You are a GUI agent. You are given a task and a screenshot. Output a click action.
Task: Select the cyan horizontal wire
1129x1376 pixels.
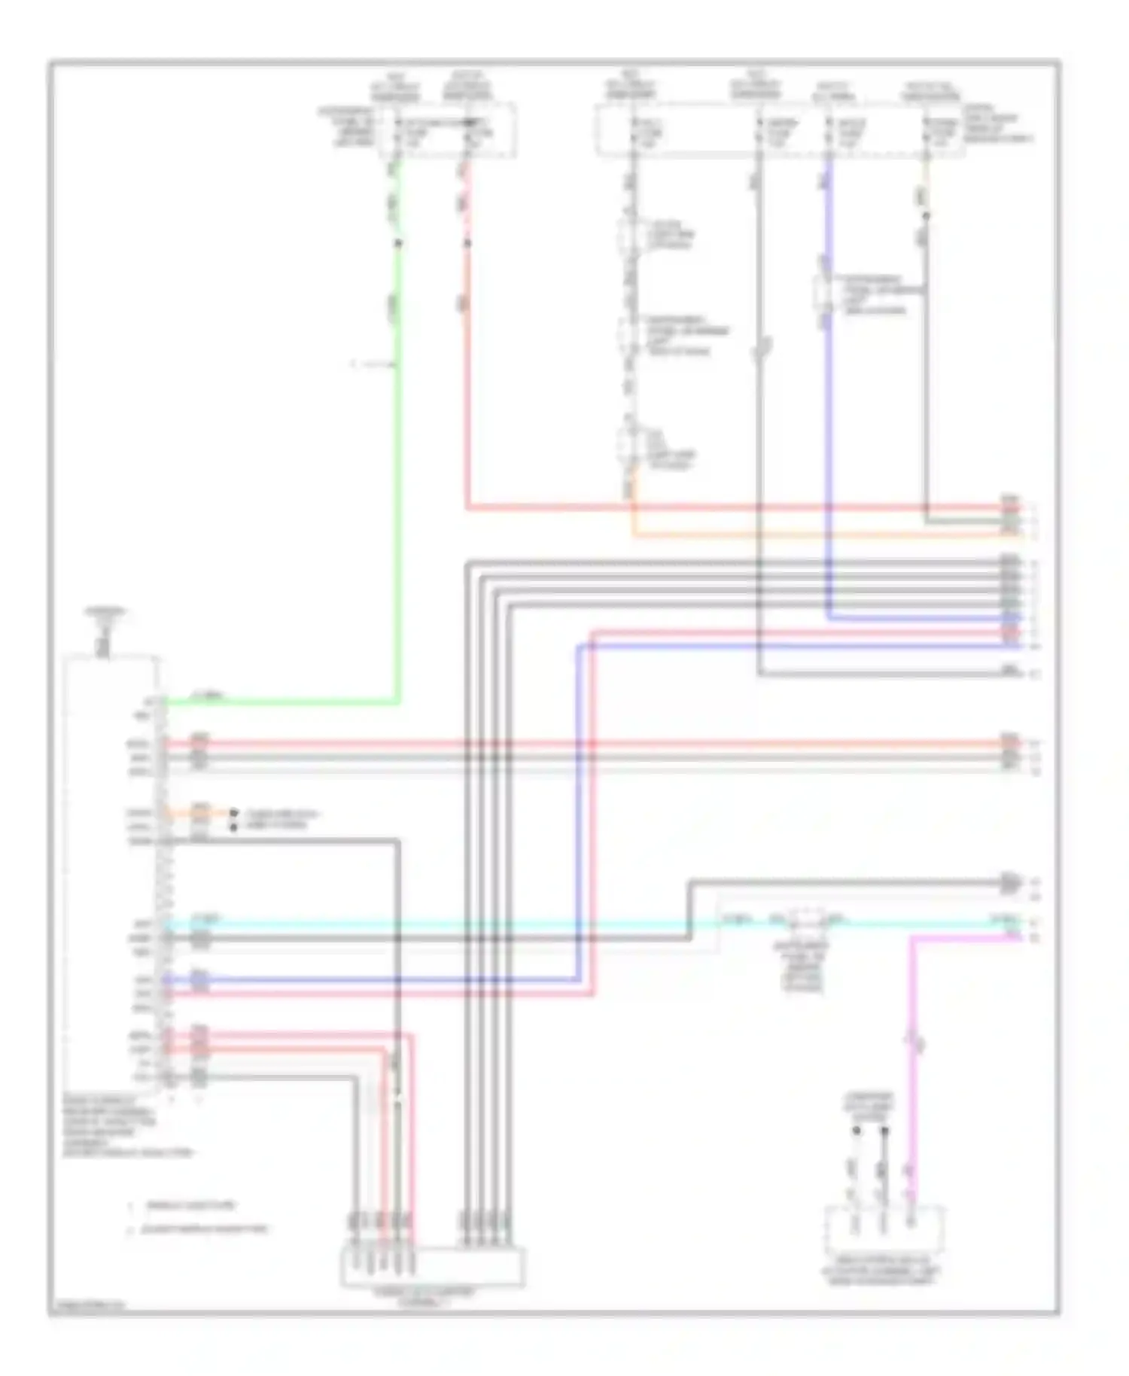[452, 923]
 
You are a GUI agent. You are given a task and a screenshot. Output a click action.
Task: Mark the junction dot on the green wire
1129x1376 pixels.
[398, 243]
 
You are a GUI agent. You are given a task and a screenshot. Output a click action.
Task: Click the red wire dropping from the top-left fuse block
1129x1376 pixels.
[467, 376]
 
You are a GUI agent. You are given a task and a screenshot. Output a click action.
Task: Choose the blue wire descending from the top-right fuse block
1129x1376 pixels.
[828, 452]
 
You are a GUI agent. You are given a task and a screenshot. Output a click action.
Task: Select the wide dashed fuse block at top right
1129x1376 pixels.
[780, 131]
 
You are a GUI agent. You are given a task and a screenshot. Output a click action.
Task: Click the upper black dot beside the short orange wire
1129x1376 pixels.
[234, 813]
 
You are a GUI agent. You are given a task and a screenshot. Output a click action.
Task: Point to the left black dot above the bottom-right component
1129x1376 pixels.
[856, 1131]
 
